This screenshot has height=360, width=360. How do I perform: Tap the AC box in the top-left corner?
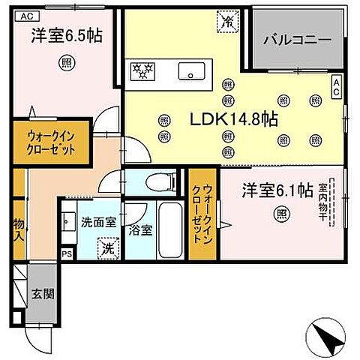tap(25, 15)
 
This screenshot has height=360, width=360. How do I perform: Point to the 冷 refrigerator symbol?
tap(224, 22)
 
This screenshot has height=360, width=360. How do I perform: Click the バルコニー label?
tap(297, 40)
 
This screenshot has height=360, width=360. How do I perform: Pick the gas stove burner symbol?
tap(142, 71)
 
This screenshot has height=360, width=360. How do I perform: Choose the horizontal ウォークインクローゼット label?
tap(49, 142)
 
